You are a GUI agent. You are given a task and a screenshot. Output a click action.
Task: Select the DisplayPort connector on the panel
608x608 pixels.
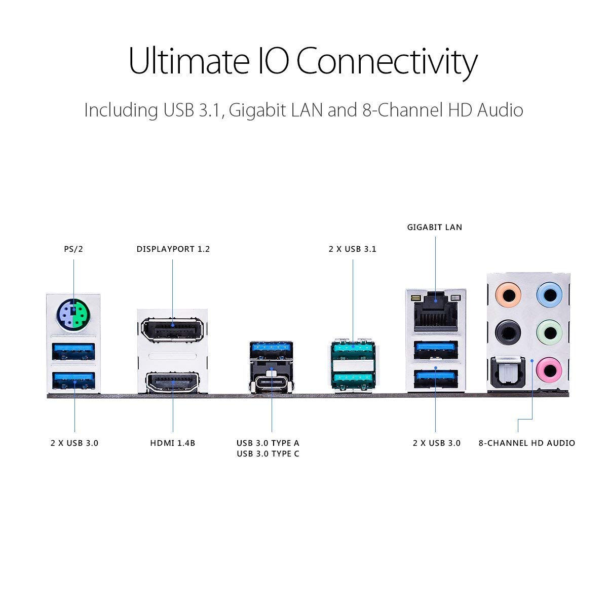[172, 330]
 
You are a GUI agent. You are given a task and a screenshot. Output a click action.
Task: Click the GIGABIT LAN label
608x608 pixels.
[435, 227]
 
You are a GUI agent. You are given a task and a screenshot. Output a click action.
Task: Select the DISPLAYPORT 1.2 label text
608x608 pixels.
[173, 249]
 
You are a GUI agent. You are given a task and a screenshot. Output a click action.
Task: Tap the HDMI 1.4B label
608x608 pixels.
[172, 443]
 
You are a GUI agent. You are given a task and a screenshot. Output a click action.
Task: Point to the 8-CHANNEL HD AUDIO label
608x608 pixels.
[527, 443]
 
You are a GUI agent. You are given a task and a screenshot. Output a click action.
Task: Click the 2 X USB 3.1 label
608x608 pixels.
[353, 249]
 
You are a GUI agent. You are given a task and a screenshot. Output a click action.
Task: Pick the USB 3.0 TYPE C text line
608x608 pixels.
[268, 454]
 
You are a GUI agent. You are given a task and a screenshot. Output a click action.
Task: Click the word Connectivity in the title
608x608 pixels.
[386, 61]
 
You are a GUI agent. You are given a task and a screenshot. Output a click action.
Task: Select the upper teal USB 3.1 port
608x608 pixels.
[353, 349]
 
